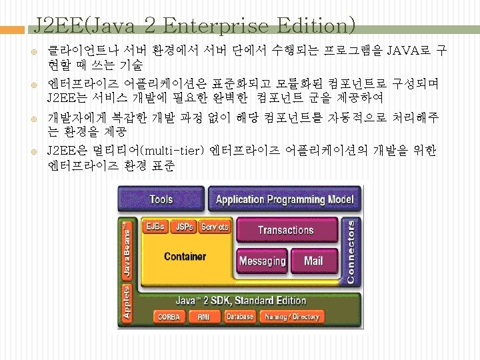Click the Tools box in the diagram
[x=161, y=199]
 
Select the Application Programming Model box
[x=285, y=199]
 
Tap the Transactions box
[x=285, y=230]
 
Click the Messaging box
[x=262, y=261]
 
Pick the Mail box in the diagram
[x=313, y=261]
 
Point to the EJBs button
[x=156, y=227]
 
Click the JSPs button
[x=184, y=227]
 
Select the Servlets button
[x=215, y=227]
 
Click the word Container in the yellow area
[x=185, y=256]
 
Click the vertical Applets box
[x=126, y=304]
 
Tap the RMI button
[x=203, y=317]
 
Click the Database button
[x=239, y=317]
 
